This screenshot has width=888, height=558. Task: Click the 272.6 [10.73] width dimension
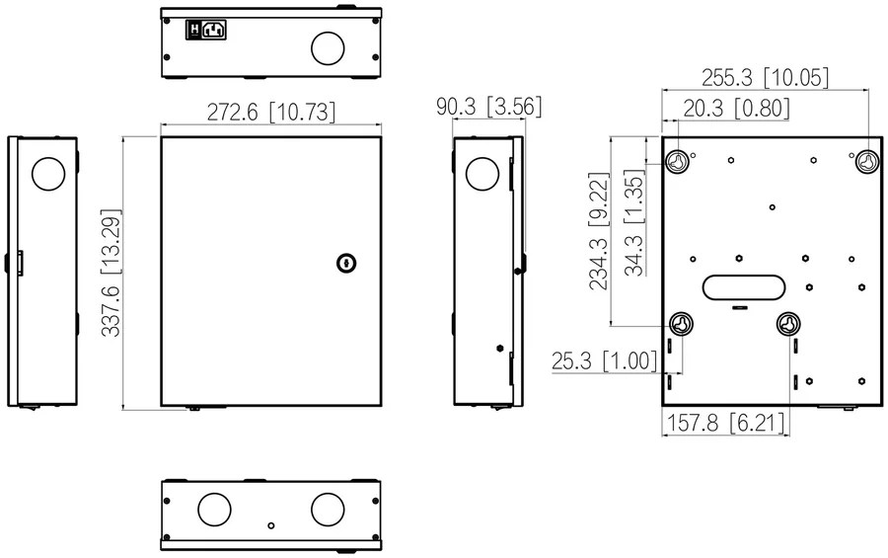271,113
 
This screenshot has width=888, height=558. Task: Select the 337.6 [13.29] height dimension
111,273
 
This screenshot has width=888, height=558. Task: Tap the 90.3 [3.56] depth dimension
488,107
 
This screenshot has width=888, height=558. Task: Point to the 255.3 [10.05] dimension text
765,78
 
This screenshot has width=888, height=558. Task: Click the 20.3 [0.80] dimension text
736,108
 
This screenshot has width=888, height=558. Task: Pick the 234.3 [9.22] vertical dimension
599,231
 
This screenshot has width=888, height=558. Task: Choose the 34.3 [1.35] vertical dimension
634,222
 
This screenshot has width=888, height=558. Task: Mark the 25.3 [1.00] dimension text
604,360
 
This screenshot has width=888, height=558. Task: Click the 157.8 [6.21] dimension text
726,423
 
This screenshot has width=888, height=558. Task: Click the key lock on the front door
346,263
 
